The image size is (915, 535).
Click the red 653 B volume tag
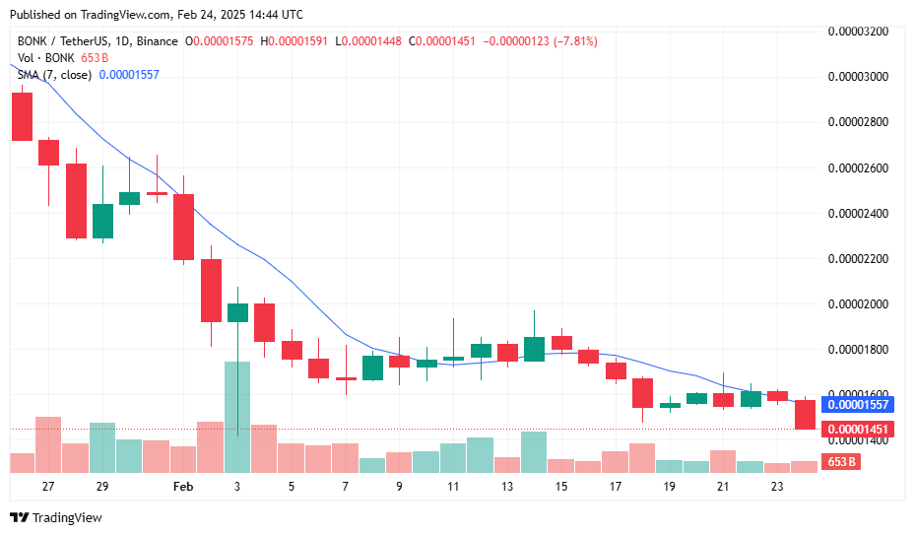(x=839, y=462)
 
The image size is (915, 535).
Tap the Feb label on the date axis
(x=183, y=487)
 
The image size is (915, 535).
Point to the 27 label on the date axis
(x=48, y=487)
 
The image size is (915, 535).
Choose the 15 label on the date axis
(x=560, y=487)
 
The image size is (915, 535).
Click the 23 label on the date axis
(x=776, y=487)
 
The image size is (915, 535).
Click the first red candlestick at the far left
(x=22, y=116)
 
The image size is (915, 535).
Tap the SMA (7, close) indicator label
(x=55, y=75)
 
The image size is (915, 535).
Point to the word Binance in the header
(x=158, y=41)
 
